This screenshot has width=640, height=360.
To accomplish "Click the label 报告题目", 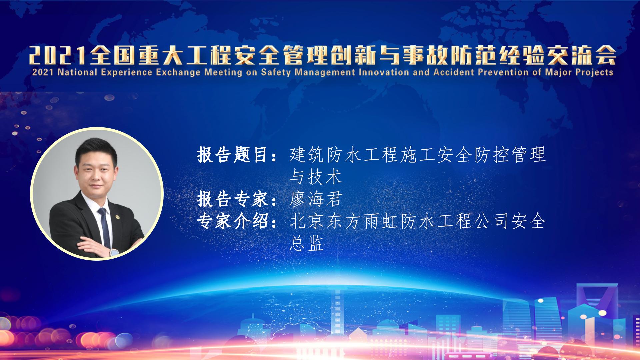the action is point(233,155).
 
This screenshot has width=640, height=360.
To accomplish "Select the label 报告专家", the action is point(233,199).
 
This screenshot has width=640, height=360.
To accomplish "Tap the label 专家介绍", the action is point(233,221).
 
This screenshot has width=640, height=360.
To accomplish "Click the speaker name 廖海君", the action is point(316,199).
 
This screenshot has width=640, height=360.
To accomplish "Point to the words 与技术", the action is point(316,177).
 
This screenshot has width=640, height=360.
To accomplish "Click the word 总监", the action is point(307,243).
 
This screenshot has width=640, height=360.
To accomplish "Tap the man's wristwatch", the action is point(114,252).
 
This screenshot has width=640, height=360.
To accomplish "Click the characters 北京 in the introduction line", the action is point(307,221).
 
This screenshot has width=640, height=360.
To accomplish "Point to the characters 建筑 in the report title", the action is point(307,155).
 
